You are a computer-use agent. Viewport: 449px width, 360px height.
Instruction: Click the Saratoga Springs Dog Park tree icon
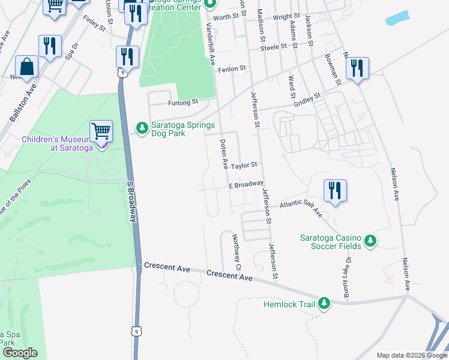tap(142, 128)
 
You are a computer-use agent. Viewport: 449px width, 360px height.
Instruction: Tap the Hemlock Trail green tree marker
tap(324, 304)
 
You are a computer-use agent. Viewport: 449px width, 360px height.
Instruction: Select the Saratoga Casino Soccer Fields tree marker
tap(371, 241)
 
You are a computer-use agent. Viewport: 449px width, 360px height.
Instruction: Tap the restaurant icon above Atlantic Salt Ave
tap(335, 191)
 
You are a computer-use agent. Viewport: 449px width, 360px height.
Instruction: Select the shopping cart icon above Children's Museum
tap(101, 130)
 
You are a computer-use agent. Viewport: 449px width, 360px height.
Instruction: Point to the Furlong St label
tap(183, 103)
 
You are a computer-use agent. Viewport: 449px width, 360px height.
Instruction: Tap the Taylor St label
tap(245, 164)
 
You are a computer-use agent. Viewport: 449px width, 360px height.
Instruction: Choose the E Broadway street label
tap(246, 185)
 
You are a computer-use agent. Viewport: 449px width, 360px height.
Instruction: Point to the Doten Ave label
tap(224, 154)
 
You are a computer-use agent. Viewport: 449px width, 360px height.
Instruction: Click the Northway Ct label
tap(237, 251)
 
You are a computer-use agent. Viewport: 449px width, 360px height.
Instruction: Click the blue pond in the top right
tap(399, 18)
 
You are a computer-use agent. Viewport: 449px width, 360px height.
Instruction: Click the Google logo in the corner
tap(20, 353)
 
